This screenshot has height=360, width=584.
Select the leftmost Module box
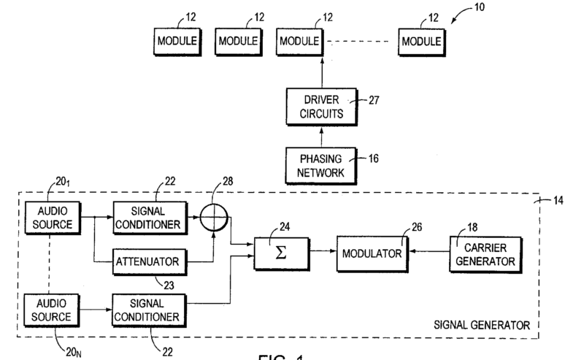pyautogui.click(x=177, y=41)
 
